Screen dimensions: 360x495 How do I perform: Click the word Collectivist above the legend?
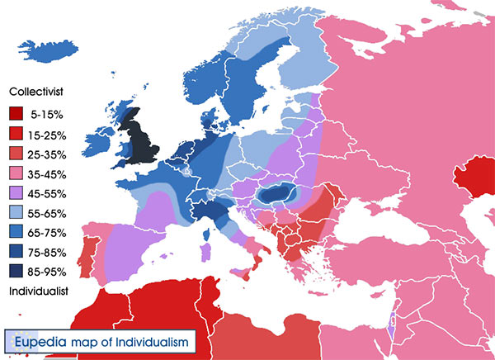[x=38, y=92]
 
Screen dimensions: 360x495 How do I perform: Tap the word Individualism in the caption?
[x=158, y=340]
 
